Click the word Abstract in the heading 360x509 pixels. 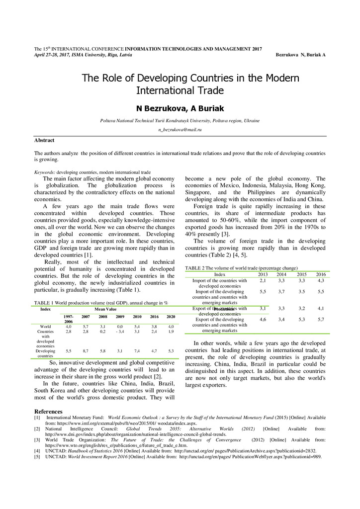(44, 141)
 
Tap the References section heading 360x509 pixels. (48, 412)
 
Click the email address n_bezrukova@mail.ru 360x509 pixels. (180, 129)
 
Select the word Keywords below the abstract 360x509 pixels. (44, 172)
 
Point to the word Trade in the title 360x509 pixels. (196, 91)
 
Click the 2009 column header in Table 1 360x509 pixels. (120, 317)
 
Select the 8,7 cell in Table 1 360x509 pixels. (86, 351)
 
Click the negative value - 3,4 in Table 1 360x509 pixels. (120, 331)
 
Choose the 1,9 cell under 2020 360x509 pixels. (171, 331)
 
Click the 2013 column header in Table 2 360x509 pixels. (263, 274)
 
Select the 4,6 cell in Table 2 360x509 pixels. (263, 319)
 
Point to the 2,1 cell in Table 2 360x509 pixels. (263, 280)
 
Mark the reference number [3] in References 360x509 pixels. (37, 440)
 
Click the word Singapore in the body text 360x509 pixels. (198, 192)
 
